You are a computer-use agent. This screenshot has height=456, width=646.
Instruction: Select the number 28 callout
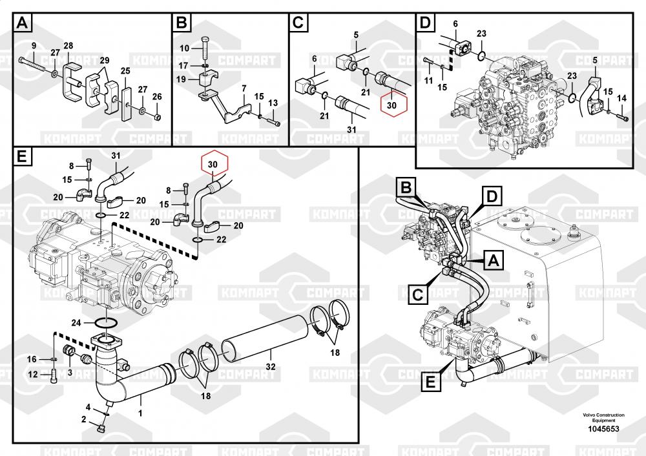point(68,47)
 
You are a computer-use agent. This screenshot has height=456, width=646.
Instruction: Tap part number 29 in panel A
point(105,60)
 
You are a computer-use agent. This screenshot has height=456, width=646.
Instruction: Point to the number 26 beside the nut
point(157,97)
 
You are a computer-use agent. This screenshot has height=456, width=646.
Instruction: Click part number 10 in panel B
point(184,48)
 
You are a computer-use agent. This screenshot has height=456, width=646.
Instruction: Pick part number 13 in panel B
point(273,103)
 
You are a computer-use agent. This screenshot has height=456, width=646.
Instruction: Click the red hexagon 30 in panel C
point(392,103)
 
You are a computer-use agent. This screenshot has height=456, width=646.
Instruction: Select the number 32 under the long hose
point(271,367)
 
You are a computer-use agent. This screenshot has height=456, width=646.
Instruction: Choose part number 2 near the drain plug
point(83,420)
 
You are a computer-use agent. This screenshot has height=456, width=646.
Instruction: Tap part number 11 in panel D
point(429,79)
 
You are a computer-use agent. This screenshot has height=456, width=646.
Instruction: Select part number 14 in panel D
point(622,98)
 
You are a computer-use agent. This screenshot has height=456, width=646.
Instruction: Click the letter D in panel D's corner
point(424,24)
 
